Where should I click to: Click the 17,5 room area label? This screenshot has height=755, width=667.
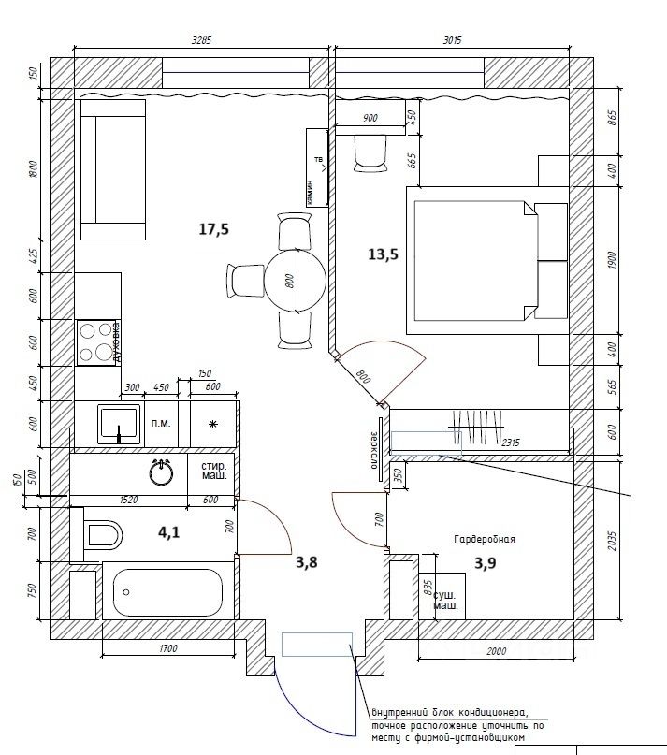click(x=214, y=229)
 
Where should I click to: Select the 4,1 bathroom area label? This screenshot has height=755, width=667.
click(x=169, y=532)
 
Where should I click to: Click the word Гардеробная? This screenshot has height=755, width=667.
click(x=485, y=540)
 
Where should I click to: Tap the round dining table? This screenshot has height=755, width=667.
click(x=295, y=279)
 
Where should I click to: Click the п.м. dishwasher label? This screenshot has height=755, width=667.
click(x=161, y=424)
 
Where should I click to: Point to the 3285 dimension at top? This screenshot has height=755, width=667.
click(x=202, y=40)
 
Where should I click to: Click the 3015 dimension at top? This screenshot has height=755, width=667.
click(x=452, y=40)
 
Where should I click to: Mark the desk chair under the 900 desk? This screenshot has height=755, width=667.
click(x=371, y=153)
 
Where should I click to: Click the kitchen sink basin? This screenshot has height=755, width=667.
click(x=120, y=423)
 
